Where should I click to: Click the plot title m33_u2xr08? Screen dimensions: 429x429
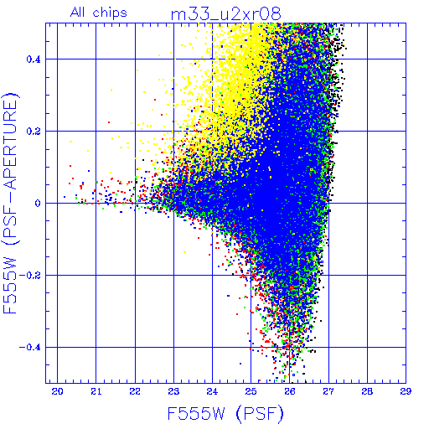coord(225,14)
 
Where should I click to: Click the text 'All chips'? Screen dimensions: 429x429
coord(99,13)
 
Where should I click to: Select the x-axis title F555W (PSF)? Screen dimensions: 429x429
coord(225,413)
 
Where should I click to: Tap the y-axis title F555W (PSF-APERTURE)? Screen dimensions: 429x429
coord(10,203)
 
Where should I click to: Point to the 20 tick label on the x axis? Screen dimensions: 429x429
coord(57,391)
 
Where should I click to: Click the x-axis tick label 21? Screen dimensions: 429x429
coord(96,391)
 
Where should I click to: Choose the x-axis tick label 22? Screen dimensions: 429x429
coord(135,391)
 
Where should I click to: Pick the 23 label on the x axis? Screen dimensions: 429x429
coord(173,391)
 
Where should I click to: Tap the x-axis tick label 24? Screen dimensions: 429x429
coord(212,391)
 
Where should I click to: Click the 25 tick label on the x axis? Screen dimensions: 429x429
coord(251,391)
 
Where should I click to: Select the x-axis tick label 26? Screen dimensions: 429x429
coord(290,391)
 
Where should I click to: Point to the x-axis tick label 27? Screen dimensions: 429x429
coord(328,391)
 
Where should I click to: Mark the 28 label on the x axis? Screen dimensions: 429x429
coord(367,391)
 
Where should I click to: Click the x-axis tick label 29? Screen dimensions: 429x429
coord(406,391)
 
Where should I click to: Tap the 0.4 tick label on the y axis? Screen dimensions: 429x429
coord(34,59)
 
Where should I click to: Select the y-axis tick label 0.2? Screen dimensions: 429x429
coord(34,132)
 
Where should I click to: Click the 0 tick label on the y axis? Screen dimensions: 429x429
coord(38,204)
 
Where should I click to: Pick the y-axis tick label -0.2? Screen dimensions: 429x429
coord(30,276)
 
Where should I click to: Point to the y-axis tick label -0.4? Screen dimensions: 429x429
coord(30,348)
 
